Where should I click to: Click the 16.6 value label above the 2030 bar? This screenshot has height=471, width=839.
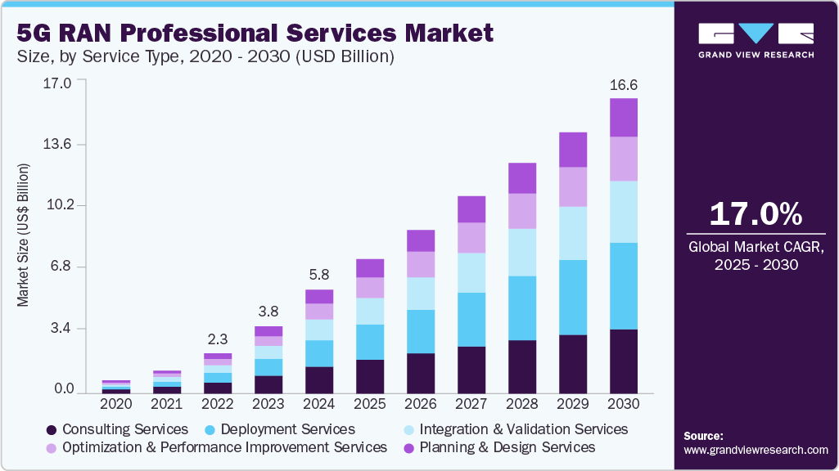(624, 85)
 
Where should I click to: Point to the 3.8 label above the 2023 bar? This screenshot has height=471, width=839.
(268, 312)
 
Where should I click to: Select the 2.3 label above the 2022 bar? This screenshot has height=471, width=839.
(218, 339)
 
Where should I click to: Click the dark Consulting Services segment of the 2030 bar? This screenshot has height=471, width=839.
(624, 361)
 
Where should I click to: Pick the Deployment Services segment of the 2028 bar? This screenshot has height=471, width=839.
(522, 307)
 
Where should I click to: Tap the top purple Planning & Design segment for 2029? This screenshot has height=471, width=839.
(573, 150)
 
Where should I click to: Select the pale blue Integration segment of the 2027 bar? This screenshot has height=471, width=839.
(471, 272)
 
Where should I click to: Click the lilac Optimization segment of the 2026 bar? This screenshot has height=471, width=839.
(421, 264)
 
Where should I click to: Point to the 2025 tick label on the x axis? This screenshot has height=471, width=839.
(370, 403)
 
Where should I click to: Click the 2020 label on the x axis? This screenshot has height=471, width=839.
(116, 403)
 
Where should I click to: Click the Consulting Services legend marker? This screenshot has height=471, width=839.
(51, 429)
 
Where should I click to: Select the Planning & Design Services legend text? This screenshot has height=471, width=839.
(507, 447)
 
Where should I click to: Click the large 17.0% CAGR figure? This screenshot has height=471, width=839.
(756, 213)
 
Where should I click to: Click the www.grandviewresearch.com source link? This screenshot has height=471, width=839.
(756, 450)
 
